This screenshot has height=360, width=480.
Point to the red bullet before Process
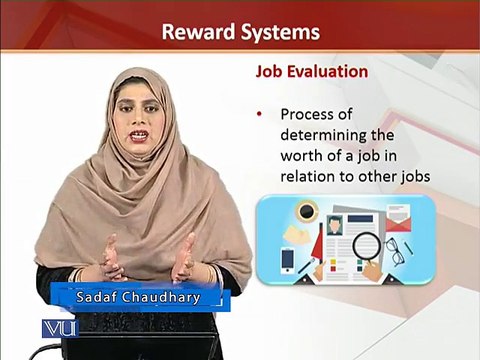pos(259,115)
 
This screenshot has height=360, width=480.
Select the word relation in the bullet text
pos(308,176)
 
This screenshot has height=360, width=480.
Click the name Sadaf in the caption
pos(96,297)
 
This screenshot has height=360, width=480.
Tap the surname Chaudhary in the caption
pos(161,297)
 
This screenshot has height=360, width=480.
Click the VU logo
pos(60,329)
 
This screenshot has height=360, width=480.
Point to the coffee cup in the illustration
pos(307,211)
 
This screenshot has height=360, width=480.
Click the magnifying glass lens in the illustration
pos(366,247)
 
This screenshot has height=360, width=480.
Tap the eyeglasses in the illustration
pos(395,251)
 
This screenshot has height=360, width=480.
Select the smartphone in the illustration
pos(287,261)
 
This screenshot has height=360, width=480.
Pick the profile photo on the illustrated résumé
pos(334,225)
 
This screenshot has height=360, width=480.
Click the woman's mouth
pos(140,135)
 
